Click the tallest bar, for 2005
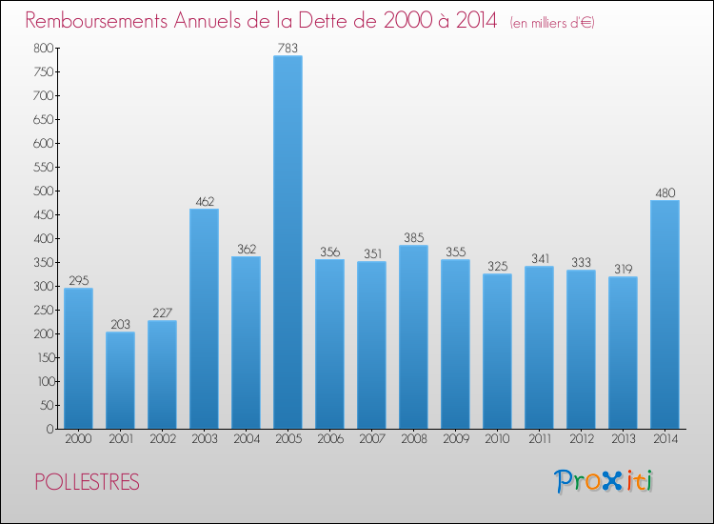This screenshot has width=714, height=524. (288, 242)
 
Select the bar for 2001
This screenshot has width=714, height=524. (120, 380)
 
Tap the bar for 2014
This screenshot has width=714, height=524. (664, 314)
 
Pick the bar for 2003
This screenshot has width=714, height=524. (204, 318)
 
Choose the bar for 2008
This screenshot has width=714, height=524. (413, 337)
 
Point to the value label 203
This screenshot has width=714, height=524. (120, 324)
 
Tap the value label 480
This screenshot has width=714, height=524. (664, 192)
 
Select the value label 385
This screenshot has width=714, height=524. (413, 237)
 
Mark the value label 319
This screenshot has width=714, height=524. (623, 269)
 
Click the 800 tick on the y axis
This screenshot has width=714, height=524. (42, 48)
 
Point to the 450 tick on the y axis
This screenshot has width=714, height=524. (42, 214)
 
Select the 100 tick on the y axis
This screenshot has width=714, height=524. (42, 381)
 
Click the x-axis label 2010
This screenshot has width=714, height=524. (497, 440)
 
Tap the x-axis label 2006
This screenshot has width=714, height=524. (329, 440)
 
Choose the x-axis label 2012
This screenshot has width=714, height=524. (581, 440)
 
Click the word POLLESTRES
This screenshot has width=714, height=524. (87, 482)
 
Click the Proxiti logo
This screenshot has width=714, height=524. (604, 481)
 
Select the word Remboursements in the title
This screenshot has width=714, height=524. (106, 20)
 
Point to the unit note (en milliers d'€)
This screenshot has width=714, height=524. (552, 22)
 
